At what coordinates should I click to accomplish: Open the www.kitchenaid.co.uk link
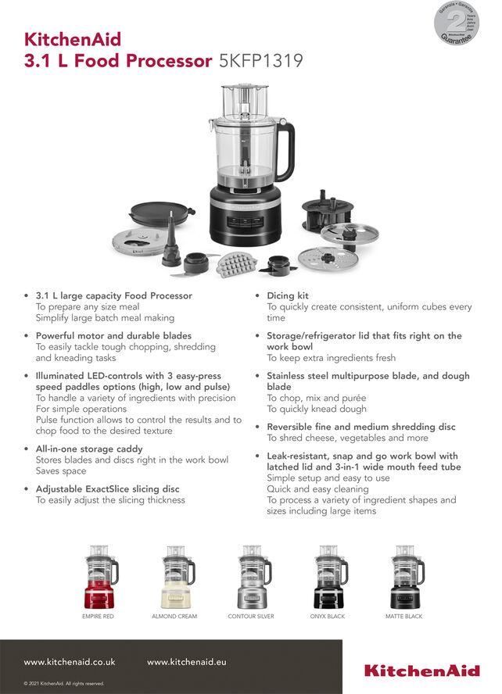(x=70, y=662)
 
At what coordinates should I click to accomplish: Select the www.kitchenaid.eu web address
(x=187, y=662)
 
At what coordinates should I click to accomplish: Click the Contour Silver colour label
(x=251, y=617)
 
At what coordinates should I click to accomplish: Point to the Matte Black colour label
(x=403, y=617)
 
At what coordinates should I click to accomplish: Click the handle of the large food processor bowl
(x=287, y=151)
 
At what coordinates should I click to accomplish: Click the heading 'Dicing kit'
(x=288, y=296)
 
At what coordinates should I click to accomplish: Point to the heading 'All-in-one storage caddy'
(x=89, y=449)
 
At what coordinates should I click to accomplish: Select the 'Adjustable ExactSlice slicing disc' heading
(x=107, y=489)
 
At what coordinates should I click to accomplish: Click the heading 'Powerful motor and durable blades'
(x=113, y=336)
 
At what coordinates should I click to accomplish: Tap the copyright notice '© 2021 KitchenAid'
(x=64, y=684)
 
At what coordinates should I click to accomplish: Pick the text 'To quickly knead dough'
(x=316, y=409)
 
